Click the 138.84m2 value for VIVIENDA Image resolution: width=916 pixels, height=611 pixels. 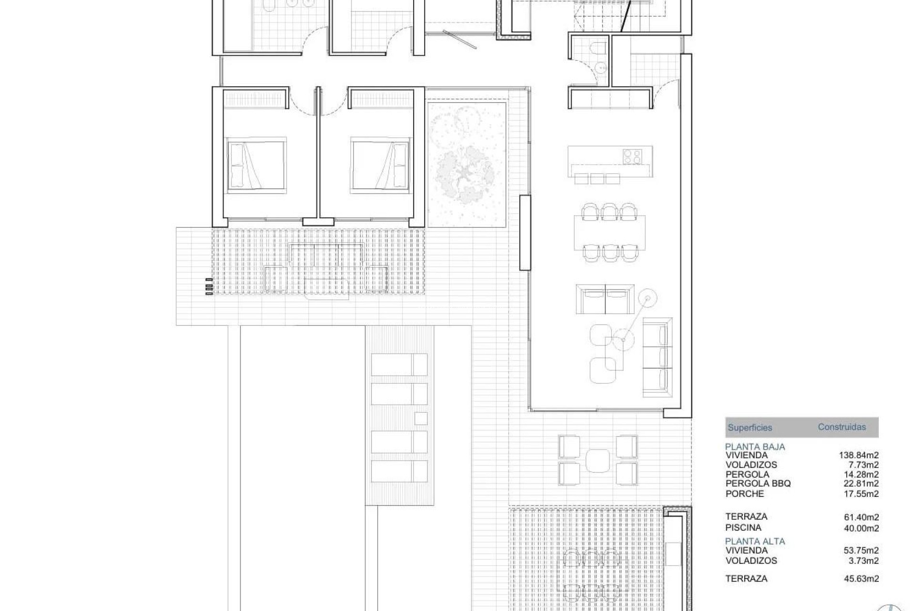(x=858, y=455)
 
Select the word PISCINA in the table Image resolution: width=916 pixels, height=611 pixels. (x=743, y=527)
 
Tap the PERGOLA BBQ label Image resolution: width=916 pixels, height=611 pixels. (x=758, y=484)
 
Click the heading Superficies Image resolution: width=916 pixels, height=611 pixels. (x=749, y=428)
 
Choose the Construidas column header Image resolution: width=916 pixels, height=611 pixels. (x=842, y=427)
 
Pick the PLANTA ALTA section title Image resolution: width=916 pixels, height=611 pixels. (x=755, y=541)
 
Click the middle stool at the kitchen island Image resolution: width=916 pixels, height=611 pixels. (x=597, y=179)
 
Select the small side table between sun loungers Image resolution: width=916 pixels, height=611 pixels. (x=420, y=419)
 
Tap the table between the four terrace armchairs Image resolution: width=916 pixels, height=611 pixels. (x=598, y=460)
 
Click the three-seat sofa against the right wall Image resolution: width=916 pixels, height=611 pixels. (x=657, y=358)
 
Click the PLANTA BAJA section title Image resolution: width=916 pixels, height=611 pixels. (x=755, y=447)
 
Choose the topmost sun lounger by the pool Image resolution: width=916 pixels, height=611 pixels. (x=399, y=365)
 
